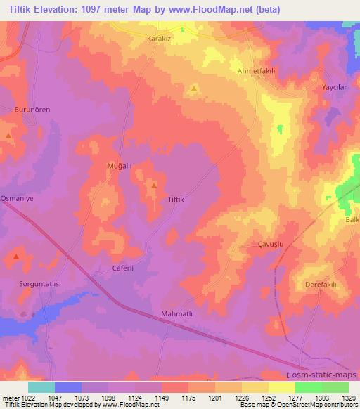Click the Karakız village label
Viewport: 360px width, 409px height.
point(159,39)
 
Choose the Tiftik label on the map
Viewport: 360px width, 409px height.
point(175,200)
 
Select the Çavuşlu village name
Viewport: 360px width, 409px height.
point(267,246)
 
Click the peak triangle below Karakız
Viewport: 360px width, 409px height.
point(193,89)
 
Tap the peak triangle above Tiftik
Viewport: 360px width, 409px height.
point(153,186)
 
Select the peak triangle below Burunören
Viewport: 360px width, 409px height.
point(8,134)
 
